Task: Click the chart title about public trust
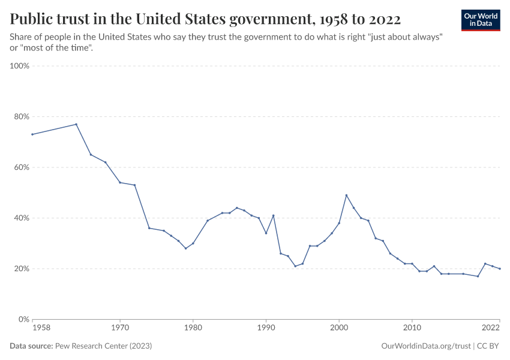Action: pos(206,19)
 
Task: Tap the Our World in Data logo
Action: pos(480,20)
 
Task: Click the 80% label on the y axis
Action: pos(21,116)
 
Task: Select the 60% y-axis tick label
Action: pos(21,167)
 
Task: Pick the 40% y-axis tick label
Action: pos(21,218)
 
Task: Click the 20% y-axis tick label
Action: pos(21,269)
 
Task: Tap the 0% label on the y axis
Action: pos(23,319)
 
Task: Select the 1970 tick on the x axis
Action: pos(120,328)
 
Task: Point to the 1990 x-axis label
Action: pos(266,328)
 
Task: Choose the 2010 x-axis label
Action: pos(412,328)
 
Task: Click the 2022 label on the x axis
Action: pos(491,328)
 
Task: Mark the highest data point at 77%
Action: pos(76,124)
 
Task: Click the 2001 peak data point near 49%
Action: pos(346,195)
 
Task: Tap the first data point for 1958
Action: pos(32,134)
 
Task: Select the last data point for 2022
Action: pos(500,269)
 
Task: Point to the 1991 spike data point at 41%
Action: pos(273,215)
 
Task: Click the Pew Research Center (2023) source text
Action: pos(103,346)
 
